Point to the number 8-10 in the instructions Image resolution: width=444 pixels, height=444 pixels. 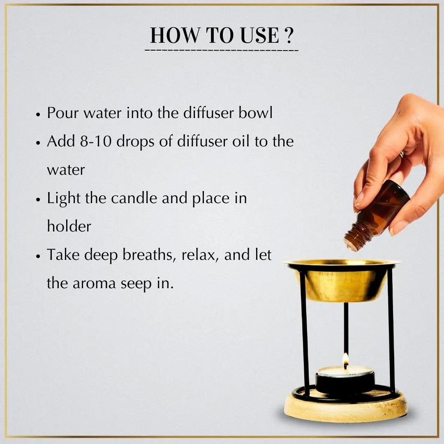tap(94, 141)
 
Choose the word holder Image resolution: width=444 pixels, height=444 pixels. tap(69, 226)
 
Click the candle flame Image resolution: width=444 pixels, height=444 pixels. tap(345, 360)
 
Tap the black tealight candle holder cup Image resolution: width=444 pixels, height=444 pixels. tap(345, 382)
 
